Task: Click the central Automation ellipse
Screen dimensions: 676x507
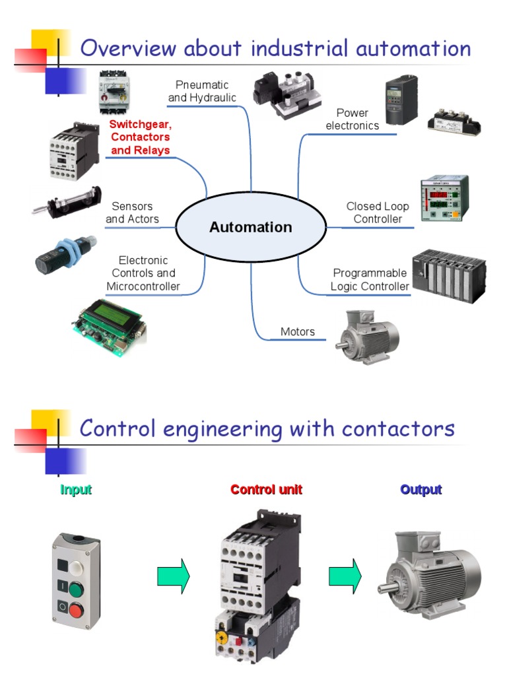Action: [x=251, y=227]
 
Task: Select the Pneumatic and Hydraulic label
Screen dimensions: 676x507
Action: [x=202, y=92]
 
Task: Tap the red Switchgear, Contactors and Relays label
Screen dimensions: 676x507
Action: [x=140, y=137]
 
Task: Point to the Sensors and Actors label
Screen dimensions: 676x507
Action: [x=132, y=213]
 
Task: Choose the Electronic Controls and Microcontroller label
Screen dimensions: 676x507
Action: [x=143, y=273]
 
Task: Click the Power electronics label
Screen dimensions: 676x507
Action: [x=353, y=119]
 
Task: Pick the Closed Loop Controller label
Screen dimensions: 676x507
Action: [x=378, y=213]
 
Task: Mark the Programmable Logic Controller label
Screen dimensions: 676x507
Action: [x=370, y=280]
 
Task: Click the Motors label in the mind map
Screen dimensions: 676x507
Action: [x=298, y=331]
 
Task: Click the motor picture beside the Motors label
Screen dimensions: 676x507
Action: [x=366, y=336]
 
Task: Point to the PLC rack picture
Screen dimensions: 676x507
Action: [x=449, y=275]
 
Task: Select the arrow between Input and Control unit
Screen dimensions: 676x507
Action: [x=174, y=576]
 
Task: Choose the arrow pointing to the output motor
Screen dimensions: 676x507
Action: [x=345, y=576]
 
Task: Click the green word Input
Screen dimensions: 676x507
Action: [x=76, y=490]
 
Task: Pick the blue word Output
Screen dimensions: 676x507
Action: [x=421, y=490]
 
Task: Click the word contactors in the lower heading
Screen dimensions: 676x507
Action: [x=398, y=428]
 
